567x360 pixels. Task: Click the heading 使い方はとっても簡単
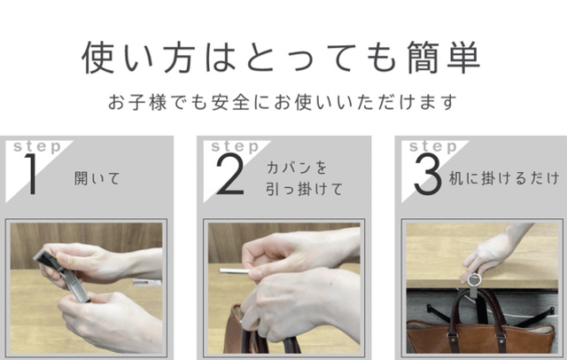coord(281,58)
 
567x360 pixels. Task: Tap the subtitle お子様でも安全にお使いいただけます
coord(283,102)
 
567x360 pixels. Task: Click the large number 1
coord(31,174)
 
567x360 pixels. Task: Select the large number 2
coord(230,174)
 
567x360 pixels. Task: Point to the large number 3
coord(428,174)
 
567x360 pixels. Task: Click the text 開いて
coord(97,178)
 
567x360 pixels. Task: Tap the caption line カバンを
coord(297,168)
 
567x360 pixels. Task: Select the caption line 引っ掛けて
coord(304,189)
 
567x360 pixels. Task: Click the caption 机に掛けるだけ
coord(504,178)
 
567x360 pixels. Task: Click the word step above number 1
coord(37,147)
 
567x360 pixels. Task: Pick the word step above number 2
coord(236,147)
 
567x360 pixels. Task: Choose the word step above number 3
coord(433,147)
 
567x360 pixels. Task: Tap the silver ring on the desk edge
coord(474,280)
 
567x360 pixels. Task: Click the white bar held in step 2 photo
coord(234,270)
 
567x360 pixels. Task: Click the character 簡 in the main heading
coord(423,58)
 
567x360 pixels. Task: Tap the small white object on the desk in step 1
coord(146,282)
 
